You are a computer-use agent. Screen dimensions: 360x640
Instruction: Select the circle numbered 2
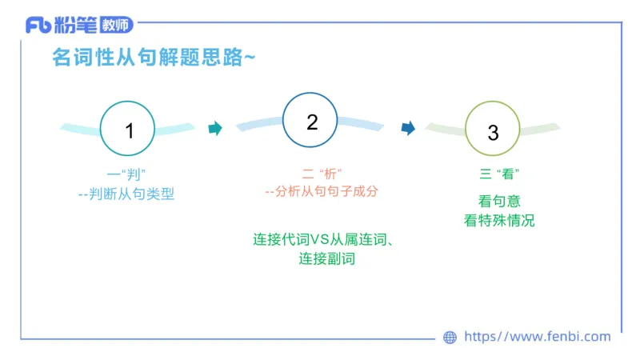click(312, 122)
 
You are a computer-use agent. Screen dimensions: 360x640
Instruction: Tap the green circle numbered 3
click(493, 131)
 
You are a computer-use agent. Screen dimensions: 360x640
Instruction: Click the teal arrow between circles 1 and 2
click(214, 128)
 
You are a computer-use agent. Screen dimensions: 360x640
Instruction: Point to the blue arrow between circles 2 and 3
click(408, 128)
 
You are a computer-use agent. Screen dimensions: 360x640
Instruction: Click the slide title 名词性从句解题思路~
click(154, 58)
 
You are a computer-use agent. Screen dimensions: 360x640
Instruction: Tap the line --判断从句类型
click(126, 194)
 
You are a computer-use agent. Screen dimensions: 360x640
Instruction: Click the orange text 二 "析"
click(321, 174)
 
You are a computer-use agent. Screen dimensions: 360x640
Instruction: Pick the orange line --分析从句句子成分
click(321, 192)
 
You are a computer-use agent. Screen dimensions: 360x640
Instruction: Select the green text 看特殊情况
click(499, 220)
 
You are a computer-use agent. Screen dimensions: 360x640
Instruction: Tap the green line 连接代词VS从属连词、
click(326, 239)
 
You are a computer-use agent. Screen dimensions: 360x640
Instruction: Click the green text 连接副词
click(326, 258)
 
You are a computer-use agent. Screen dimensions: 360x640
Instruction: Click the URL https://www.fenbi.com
click(537, 337)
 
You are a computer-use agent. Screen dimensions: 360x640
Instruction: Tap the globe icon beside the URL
click(450, 338)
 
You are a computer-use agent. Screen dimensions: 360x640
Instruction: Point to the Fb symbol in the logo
click(38, 26)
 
